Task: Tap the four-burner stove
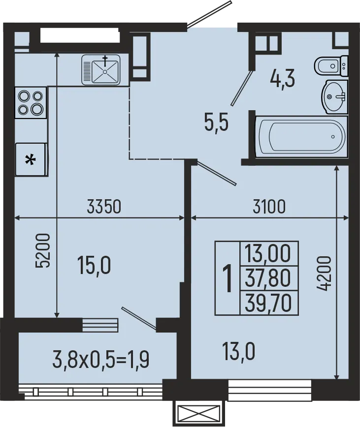point(31,102)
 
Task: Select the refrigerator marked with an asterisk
point(31,159)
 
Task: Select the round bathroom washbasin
point(335,96)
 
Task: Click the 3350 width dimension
point(103,207)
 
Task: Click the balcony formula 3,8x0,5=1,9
point(100,361)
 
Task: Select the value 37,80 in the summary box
point(268,279)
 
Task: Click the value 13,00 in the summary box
point(268,255)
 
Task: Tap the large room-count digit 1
point(227,278)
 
